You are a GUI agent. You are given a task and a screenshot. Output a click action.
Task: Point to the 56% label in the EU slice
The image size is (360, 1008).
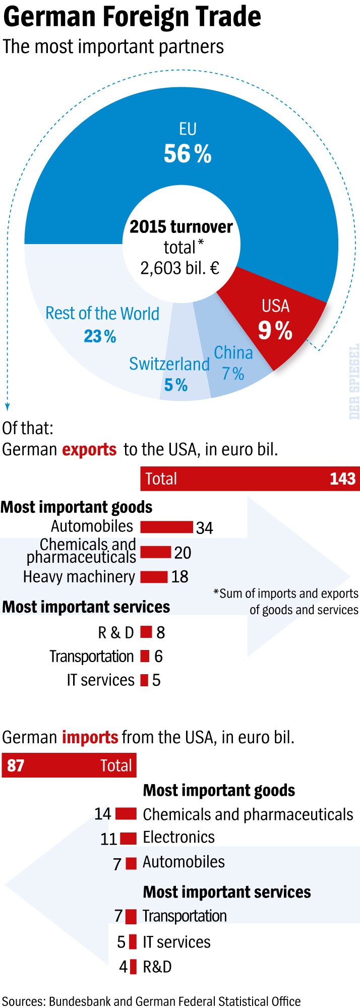point(188,153)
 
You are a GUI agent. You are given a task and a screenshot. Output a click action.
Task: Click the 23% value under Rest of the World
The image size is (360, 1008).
point(100,336)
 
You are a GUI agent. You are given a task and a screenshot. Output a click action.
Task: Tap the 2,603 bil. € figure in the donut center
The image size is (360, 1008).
point(180,268)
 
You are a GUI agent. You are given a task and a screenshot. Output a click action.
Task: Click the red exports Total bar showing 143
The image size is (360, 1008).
point(250,479)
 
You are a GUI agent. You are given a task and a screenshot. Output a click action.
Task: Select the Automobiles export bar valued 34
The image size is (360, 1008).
point(166,527)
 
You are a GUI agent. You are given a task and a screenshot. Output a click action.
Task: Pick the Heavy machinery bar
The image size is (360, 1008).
point(154,576)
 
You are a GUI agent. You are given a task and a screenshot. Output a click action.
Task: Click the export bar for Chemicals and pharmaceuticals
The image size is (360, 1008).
point(155,552)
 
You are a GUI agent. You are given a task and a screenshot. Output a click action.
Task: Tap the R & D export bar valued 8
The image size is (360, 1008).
point(146,632)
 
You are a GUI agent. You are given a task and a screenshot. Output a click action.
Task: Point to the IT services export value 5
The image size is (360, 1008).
point(156,680)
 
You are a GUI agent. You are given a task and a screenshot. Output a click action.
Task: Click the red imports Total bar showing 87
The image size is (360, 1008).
point(69,765)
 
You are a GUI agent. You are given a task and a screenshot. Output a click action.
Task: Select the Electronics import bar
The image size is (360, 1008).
point(128,838)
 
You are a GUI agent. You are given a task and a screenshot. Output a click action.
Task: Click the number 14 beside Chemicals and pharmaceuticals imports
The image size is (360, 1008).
point(102,813)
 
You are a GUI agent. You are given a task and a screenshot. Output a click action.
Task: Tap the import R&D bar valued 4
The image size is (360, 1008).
point(133,967)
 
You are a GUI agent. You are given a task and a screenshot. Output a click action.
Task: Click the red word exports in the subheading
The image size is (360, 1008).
point(89,449)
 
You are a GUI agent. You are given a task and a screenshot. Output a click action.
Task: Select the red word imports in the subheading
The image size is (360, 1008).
point(90,737)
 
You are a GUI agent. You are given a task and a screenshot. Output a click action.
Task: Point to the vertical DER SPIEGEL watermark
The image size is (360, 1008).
point(354,381)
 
